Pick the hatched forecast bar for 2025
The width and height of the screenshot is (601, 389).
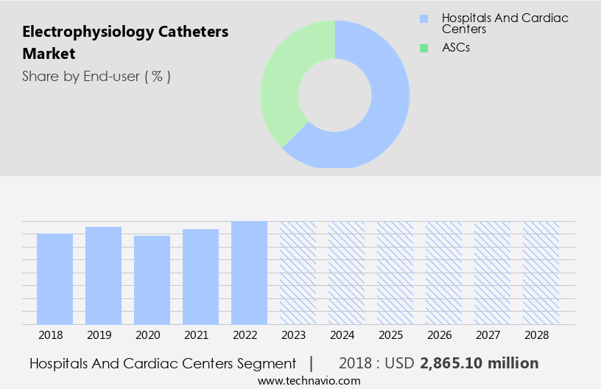click(395, 273)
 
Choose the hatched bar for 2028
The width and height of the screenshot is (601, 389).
click(541, 273)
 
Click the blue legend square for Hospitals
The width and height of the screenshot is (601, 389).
click(423, 18)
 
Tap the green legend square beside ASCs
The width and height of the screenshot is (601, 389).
click(423, 48)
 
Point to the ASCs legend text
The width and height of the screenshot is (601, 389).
click(456, 48)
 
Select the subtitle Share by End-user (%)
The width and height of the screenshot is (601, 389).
click(96, 76)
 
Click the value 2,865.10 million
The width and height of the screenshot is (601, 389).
click(479, 363)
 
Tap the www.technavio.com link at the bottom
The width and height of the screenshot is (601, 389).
click(309, 381)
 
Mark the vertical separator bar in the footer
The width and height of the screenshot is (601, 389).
click(311, 363)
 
